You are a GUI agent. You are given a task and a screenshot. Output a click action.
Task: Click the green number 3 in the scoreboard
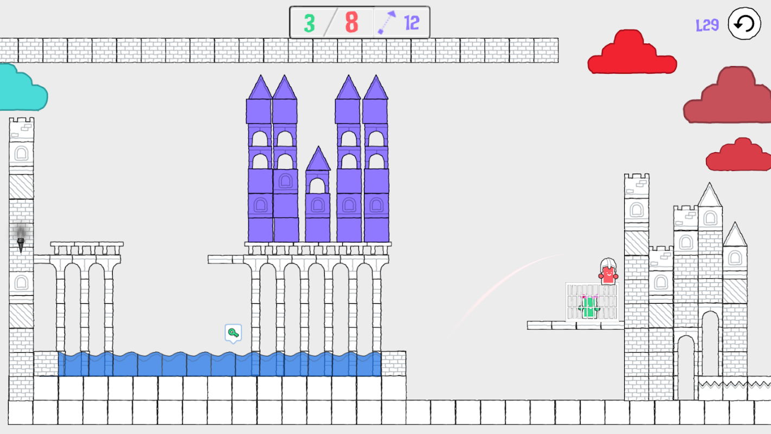tap(309, 23)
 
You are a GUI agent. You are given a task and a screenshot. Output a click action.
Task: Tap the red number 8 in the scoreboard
tap(351, 22)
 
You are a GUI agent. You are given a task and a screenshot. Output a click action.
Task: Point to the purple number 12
tap(412, 23)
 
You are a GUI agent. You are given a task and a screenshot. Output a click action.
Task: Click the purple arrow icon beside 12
tap(387, 22)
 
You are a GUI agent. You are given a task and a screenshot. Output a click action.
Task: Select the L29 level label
tap(708, 25)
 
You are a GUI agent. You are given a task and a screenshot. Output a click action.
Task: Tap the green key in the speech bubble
tap(233, 333)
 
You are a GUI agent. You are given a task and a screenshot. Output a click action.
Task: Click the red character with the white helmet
tap(608, 271)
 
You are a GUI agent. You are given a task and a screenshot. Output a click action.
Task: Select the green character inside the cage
tap(589, 307)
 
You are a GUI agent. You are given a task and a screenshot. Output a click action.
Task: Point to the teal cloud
tap(22, 88)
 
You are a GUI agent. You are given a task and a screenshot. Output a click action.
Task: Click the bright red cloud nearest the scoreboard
tap(632, 53)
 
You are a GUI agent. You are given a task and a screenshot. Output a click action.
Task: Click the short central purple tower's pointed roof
tap(318, 159)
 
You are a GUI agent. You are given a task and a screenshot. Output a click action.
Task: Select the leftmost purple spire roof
tap(260, 87)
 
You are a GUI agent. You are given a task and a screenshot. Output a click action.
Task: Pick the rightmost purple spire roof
tap(376, 87)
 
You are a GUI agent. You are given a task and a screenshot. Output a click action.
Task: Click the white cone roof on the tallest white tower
tap(709, 195)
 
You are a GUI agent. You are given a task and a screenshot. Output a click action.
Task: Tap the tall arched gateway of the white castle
tap(710, 344)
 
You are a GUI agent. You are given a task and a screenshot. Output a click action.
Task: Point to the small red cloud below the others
tap(739, 155)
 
